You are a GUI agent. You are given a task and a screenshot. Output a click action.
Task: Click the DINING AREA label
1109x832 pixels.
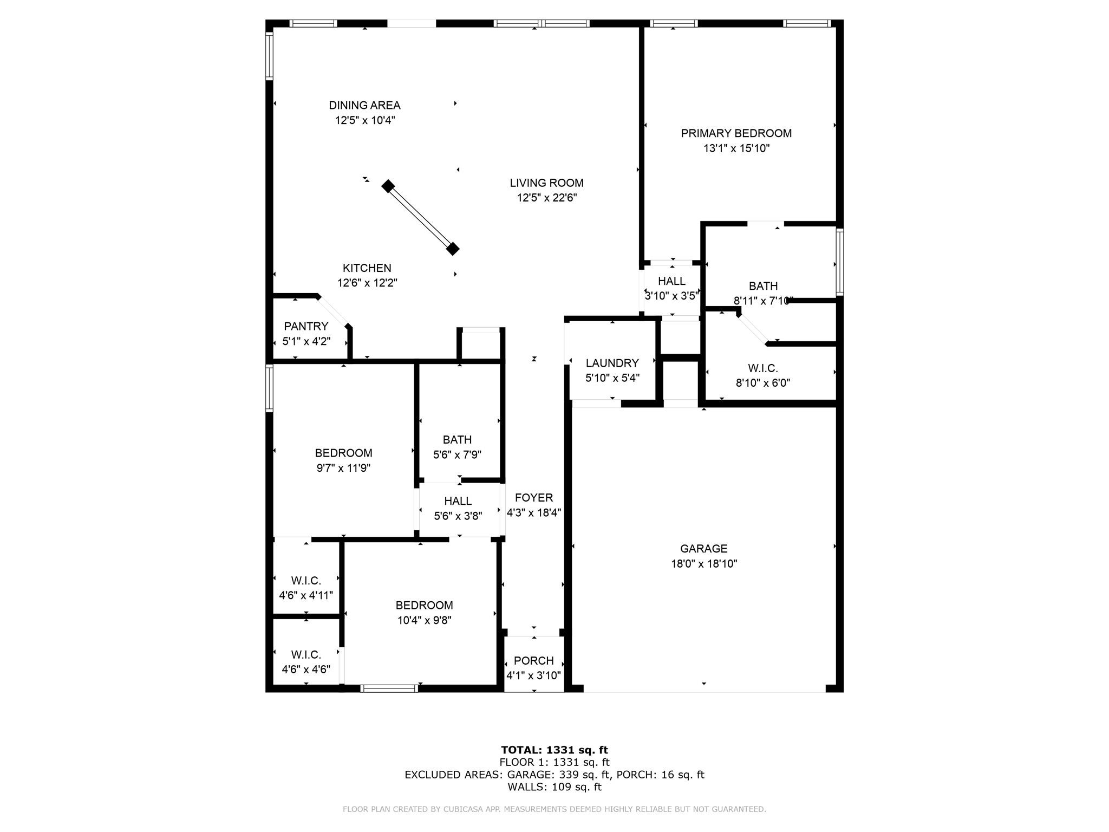coord(364,105)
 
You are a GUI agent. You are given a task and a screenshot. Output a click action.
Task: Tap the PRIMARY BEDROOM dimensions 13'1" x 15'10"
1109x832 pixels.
coord(736,148)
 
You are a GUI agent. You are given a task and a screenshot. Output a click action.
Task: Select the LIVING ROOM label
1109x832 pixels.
coord(546,183)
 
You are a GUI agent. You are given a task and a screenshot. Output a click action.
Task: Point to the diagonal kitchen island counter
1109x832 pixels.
coord(420,218)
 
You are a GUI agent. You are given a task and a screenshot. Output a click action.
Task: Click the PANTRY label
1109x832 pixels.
coord(306,326)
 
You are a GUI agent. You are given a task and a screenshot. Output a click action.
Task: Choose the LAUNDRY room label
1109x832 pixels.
coord(612,363)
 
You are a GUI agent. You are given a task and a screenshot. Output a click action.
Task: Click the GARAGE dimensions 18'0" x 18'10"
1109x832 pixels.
coord(703,563)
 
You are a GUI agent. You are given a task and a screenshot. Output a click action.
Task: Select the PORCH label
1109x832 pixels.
coord(533,661)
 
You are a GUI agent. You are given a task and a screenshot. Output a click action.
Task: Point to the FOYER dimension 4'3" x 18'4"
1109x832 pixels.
coord(533,512)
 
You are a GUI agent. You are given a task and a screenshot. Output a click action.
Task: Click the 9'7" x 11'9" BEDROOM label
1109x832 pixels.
coord(343,453)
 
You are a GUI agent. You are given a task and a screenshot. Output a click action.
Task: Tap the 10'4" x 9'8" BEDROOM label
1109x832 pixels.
coord(424,605)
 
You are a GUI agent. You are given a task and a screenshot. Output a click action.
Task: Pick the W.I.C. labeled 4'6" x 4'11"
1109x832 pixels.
coord(306,581)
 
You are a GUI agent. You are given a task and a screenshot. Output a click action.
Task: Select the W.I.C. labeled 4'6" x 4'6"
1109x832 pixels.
coord(306,654)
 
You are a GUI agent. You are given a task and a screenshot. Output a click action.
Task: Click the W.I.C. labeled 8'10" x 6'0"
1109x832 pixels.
coord(762,368)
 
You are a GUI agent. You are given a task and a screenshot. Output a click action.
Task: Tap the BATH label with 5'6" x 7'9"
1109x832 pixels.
coord(457,440)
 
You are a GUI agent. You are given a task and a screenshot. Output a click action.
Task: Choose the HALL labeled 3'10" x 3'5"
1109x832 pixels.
coord(671,281)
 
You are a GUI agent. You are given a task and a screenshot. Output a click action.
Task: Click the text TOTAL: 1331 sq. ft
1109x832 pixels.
coord(554,750)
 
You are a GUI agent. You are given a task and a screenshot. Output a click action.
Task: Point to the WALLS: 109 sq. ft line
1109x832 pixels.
coord(554,786)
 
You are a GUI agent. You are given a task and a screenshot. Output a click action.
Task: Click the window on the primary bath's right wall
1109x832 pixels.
coord(839,262)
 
